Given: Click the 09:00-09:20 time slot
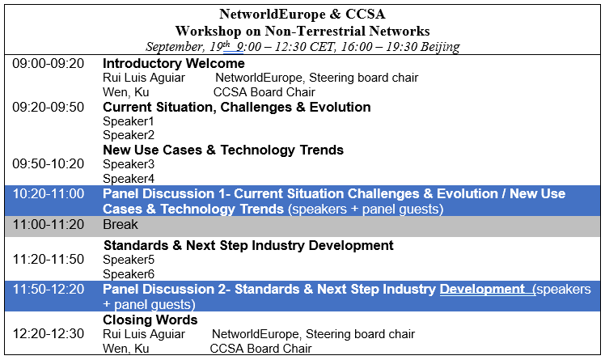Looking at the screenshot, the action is (x=49, y=63).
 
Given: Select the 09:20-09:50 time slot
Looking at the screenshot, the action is (x=49, y=107).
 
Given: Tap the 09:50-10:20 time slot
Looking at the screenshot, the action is (x=49, y=164).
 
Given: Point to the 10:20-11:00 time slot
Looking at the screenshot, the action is (x=49, y=193).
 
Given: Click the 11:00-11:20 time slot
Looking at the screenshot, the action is (x=49, y=224).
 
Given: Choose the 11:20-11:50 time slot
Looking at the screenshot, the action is (x=49, y=260).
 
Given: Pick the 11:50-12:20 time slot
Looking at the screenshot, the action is (x=49, y=289).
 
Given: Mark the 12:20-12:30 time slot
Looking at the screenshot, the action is (x=49, y=334).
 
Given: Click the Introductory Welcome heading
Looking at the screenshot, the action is (x=174, y=63).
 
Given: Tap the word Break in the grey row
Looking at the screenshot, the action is (x=121, y=224).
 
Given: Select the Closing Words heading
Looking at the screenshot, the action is (x=150, y=320).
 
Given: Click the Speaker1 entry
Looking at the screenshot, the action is (x=129, y=121).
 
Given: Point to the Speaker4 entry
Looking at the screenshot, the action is (x=129, y=179).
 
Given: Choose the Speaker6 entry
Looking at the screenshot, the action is (x=129, y=274).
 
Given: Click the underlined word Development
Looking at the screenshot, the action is (x=482, y=289).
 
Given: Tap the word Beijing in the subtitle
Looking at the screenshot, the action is (x=440, y=47).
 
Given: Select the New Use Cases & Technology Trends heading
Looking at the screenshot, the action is (x=223, y=150).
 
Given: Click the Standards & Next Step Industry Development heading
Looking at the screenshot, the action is (x=248, y=245).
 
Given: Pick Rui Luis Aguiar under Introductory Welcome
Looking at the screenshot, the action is (x=144, y=78).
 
